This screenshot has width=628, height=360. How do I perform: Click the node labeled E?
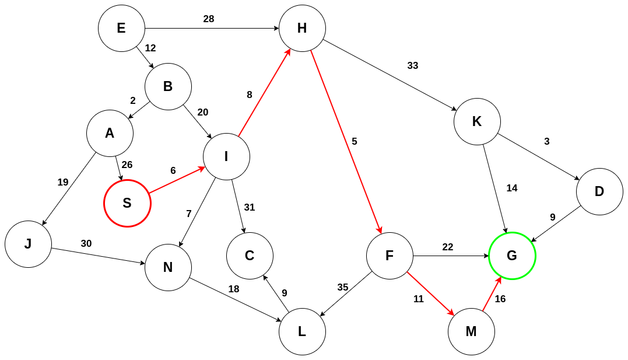coord(121,28)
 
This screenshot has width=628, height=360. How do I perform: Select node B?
coord(168,86)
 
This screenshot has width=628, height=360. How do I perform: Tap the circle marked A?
coord(110,133)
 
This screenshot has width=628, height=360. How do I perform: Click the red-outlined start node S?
coord(127,203)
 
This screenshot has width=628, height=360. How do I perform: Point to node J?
coord(28,244)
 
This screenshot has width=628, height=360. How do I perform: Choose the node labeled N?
coord(168,267)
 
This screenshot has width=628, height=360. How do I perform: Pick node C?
coord(250,256)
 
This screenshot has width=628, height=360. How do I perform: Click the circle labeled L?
coord(302,331)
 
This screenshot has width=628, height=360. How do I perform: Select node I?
coord(226,156)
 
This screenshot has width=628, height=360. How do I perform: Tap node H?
coord(302,28)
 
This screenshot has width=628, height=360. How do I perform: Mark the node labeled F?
coord(390,256)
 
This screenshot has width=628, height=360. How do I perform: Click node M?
coord(471,331)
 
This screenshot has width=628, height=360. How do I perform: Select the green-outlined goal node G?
coord(512,256)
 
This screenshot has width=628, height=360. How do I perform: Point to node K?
coord(477,121)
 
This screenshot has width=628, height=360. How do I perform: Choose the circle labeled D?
coord(599,191)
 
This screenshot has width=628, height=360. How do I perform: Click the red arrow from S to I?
coord(177,180)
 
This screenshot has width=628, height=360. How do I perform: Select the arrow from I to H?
coord(264,93)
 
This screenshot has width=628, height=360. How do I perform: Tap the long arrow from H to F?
coord(346,142)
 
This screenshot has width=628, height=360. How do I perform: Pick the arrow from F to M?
coord(430,293)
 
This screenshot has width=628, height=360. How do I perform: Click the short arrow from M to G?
coord(492,294)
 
